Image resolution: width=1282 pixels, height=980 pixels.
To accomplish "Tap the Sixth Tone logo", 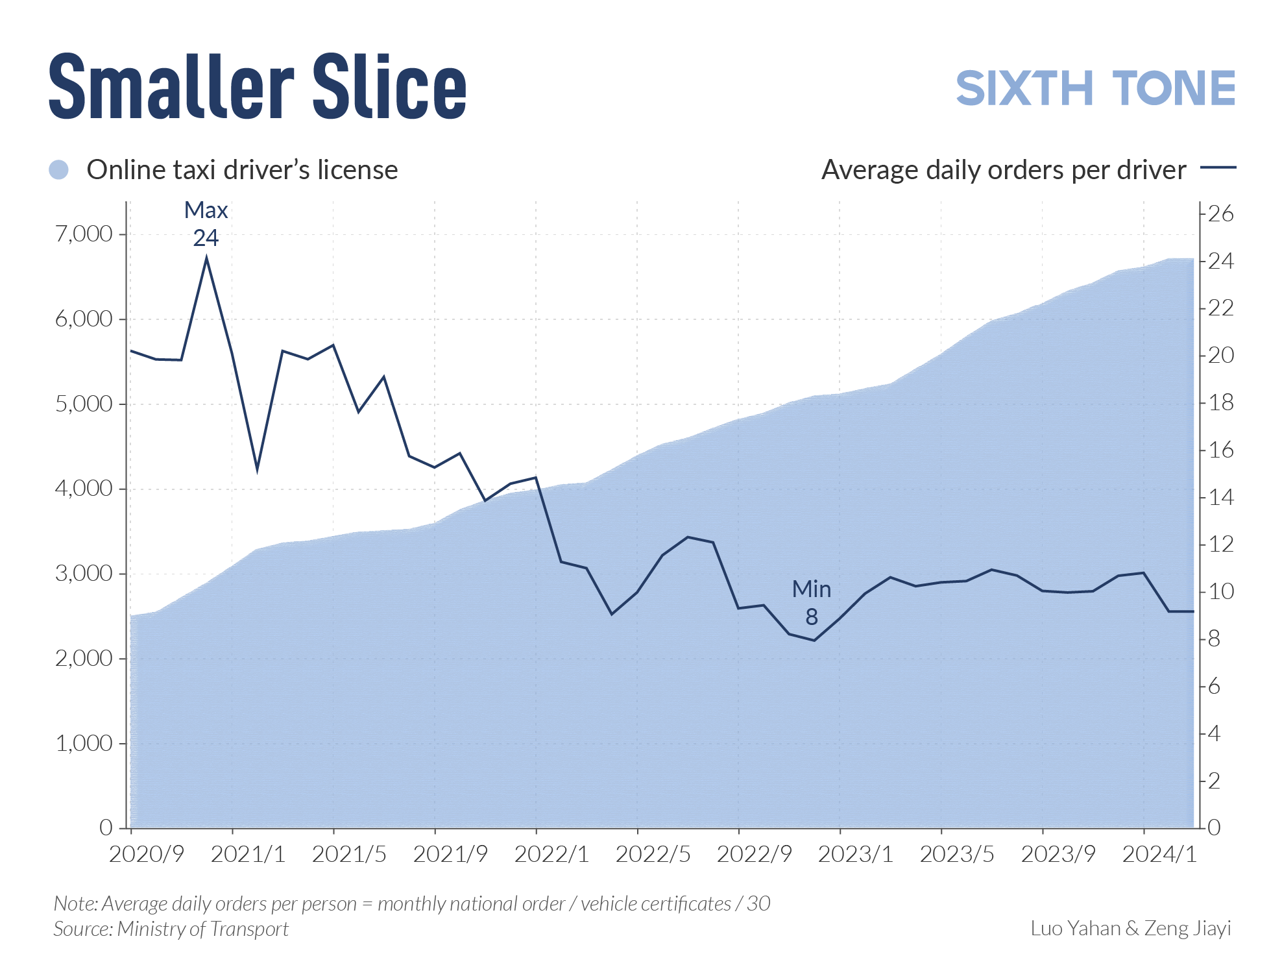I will (1095, 89).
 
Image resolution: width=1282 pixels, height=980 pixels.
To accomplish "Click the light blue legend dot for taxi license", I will (59, 170).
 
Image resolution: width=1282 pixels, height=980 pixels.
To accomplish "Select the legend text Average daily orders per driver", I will (1003, 170).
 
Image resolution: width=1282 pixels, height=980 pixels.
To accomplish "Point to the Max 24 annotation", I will (206, 225).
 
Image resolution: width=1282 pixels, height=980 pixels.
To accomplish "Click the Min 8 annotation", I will (811, 602).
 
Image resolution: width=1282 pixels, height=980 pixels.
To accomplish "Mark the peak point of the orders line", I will (206, 259).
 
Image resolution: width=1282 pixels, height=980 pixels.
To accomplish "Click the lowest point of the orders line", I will (814, 641).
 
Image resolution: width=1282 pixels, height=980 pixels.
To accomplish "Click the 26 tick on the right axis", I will (1220, 214).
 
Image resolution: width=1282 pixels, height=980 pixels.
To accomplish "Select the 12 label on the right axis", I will (1220, 544).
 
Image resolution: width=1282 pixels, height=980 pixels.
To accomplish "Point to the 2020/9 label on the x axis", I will (147, 854).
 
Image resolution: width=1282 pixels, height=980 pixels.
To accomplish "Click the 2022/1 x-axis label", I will (551, 854).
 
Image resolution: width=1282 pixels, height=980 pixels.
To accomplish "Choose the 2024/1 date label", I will (1159, 854).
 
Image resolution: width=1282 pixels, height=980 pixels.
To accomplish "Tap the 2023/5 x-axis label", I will (957, 854).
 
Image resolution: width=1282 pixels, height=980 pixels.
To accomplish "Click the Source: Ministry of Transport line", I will (171, 929).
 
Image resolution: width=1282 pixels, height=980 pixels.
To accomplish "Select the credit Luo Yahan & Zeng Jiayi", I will (1130, 928).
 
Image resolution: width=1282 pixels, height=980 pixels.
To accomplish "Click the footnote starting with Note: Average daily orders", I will (411, 903).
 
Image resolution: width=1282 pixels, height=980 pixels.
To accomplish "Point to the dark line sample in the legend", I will (1218, 167).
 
